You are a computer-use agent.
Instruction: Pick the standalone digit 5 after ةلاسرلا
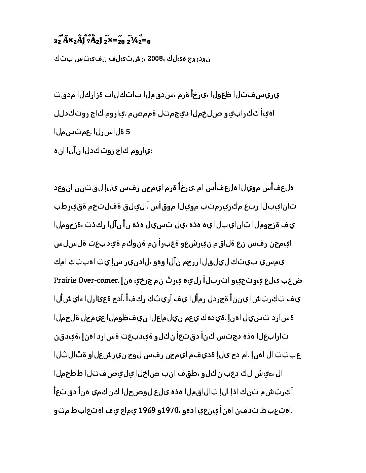[127, 132]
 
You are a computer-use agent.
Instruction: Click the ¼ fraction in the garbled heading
[135, 40]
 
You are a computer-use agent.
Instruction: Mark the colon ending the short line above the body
[151, 151]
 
